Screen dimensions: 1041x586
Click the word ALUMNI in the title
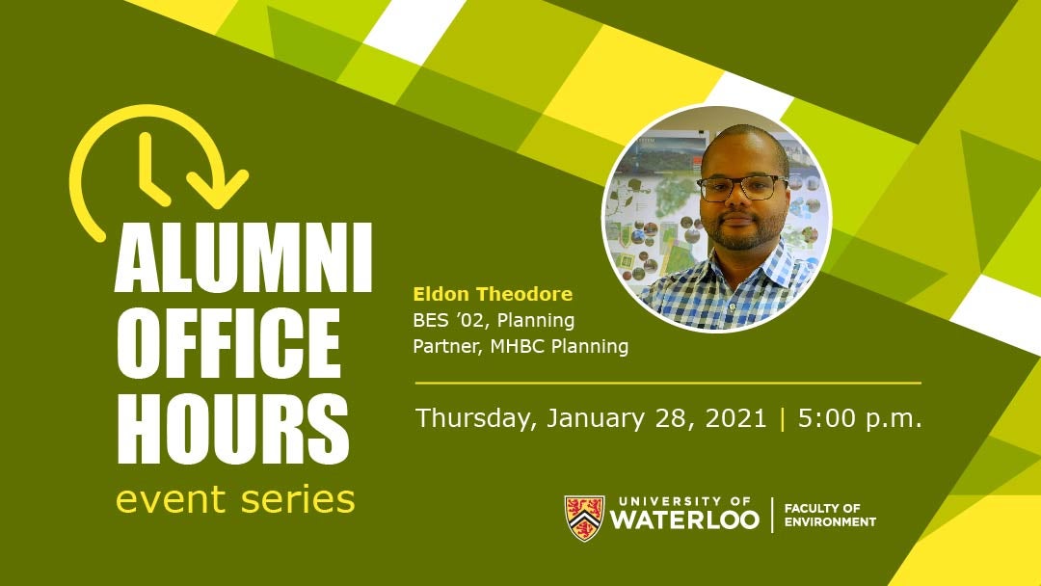pyautogui.click(x=243, y=257)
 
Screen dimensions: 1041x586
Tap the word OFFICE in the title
pyautogui.click(x=228, y=343)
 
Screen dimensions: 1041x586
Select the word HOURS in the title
pyautogui.click(x=232, y=428)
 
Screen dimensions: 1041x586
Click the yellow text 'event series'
pyautogui.click(x=236, y=499)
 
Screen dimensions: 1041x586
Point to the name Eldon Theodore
pyautogui.click(x=493, y=294)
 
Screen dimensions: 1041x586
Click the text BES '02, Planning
pyautogui.click(x=494, y=321)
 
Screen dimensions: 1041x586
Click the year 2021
pyautogui.click(x=735, y=418)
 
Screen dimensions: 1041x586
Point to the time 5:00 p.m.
pyautogui.click(x=860, y=418)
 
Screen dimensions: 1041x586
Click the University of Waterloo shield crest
pyautogui.click(x=584, y=518)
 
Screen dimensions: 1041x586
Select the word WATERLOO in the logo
pyautogui.click(x=684, y=519)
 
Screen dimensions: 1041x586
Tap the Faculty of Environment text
pyautogui.click(x=830, y=515)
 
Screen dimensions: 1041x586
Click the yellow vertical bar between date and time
pyautogui.click(x=782, y=418)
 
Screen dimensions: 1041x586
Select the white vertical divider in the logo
pyautogui.click(x=772, y=515)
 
